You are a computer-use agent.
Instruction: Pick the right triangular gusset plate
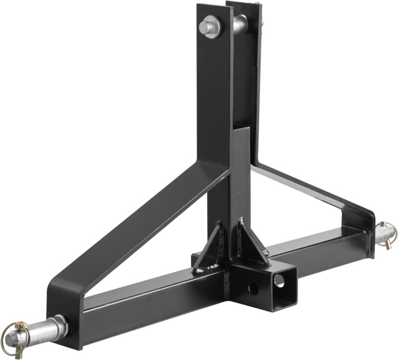click(x=252, y=243)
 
